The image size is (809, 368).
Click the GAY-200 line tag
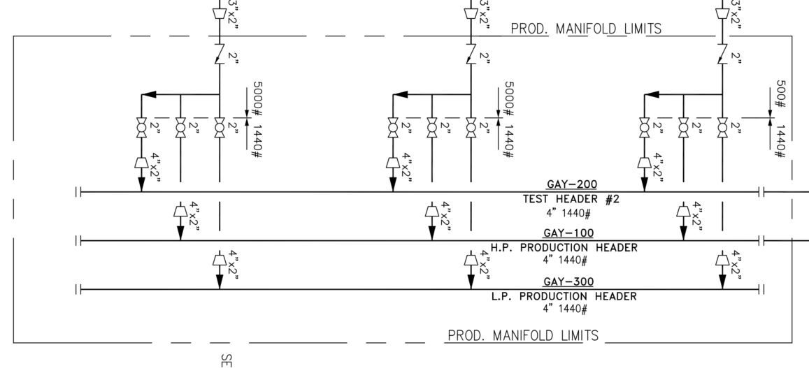(572, 185)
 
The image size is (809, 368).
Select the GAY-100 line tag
(568, 233)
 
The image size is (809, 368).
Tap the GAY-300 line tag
(568, 282)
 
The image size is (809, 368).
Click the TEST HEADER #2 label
(571, 200)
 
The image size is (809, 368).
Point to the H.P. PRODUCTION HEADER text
(564, 248)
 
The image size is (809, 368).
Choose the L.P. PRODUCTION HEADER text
(564, 296)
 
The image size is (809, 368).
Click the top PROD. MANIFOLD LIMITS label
(586, 29)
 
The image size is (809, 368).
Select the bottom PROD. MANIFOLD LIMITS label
(523, 336)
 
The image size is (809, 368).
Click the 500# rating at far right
(780, 94)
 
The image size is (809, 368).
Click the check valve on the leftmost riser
(220, 54)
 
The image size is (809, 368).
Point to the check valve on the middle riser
(471, 54)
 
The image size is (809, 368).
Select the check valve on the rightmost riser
(722, 54)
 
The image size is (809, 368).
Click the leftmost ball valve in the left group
(141, 127)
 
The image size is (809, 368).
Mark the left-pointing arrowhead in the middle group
(401, 95)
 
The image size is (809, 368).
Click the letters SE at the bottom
(226, 360)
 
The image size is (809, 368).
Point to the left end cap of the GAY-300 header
(78, 290)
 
